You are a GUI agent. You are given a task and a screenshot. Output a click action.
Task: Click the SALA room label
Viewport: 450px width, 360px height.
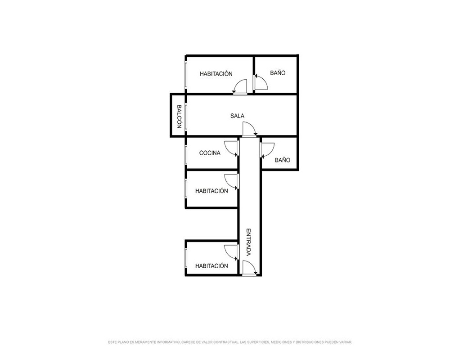pyautogui.click(x=237, y=116)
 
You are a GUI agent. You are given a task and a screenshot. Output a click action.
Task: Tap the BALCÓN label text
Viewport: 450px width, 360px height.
pyautogui.click(x=179, y=116)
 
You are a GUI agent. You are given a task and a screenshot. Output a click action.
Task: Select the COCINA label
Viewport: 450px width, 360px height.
pyautogui.click(x=210, y=153)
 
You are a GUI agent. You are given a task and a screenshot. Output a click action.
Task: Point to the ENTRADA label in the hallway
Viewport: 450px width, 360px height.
pyautogui.click(x=249, y=242)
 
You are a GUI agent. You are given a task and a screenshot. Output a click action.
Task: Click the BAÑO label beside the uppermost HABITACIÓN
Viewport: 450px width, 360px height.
pyautogui.click(x=278, y=73)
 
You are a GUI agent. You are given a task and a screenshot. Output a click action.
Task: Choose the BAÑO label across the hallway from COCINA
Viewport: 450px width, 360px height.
pyautogui.click(x=283, y=160)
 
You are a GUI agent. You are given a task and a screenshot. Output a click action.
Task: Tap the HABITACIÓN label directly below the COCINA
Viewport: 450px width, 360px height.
pyautogui.click(x=211, y=191)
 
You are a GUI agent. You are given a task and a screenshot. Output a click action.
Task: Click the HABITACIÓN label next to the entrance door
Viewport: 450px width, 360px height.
pyautogui.click(x=211, y=266)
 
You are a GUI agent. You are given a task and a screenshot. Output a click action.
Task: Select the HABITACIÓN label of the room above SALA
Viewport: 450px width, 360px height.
pyautogui.click(x=216, y=74)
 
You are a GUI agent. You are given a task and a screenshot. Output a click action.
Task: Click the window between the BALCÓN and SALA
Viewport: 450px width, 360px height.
pyautogui.click(x=186, y=117)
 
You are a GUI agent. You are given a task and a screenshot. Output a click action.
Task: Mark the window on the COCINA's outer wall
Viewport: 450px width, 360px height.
pyautogui.click(x=186, y=155)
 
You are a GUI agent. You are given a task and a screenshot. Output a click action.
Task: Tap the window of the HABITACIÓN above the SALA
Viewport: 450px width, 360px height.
pyautogui.click(x=186, y=75)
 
